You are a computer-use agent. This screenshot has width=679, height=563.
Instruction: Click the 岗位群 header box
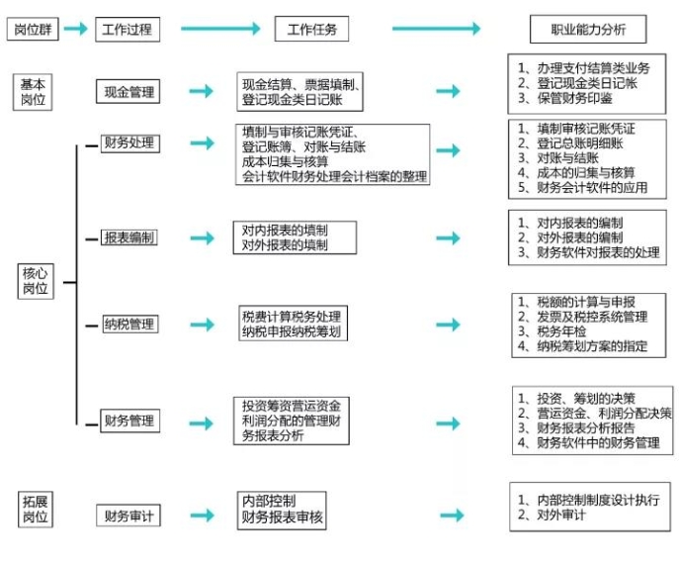[33, 29]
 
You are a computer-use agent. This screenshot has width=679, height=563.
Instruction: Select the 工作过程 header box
[127, 29]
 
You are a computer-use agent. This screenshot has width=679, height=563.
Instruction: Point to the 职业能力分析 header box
[589, 30]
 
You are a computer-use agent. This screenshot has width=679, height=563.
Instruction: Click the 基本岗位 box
[34, 92]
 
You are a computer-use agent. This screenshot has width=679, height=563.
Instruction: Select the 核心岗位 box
[35, 281]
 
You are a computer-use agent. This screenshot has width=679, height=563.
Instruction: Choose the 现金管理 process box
[128, 92]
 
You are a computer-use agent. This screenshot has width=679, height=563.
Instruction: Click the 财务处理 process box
[128, 142]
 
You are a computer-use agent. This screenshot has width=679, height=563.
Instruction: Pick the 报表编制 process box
[128, 237]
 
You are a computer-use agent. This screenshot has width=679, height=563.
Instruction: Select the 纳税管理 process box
[128, 324]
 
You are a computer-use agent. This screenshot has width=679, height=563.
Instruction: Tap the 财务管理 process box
[128, 421]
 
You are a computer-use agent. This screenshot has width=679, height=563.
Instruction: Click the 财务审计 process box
[128, 516]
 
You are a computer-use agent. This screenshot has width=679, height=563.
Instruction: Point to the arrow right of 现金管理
[201, 91]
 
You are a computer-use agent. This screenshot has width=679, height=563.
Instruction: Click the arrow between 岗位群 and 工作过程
[75, 29]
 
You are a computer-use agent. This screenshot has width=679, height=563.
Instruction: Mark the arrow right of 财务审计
[201, 516]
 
